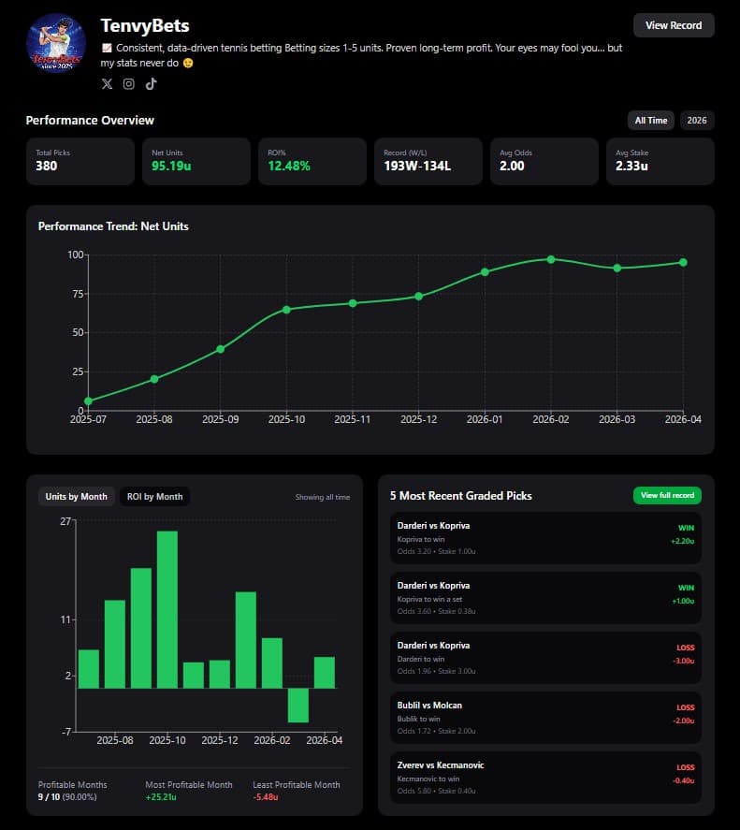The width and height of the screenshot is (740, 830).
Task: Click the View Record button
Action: (x=673, y=25)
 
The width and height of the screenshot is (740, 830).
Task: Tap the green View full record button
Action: (x=666, y=495)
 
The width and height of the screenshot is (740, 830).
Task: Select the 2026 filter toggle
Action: (x=696, y=121)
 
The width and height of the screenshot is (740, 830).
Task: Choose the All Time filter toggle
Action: (x=651, y=121)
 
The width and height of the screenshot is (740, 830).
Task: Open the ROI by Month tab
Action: (x=154, y=497)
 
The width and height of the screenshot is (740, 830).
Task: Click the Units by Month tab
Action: (x=77, y=497)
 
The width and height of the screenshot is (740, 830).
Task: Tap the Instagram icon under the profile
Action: (x=129, y=84)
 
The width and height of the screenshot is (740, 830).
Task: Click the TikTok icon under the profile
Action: (x=151, y=84)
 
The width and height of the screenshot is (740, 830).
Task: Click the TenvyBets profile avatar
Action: (x=57, y=43)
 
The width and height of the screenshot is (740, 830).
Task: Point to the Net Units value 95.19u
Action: (x=172, y=167)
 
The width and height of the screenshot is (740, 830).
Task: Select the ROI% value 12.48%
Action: (x=289, y=167)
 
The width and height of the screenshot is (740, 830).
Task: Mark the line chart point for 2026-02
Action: (x=551, y=259)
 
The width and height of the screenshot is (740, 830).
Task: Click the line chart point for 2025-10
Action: (x=286, y=309)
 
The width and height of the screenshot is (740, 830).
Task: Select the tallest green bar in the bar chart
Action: (x=167, y=609)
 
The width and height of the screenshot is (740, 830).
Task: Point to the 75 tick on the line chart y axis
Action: (x=76, y=294)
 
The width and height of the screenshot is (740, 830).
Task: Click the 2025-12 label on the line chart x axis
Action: (x=418, y=420)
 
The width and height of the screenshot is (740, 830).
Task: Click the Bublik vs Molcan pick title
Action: (x=429, y=706)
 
